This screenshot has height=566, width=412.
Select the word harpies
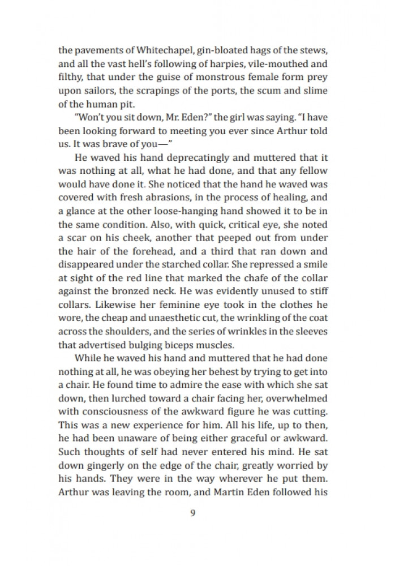217,64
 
